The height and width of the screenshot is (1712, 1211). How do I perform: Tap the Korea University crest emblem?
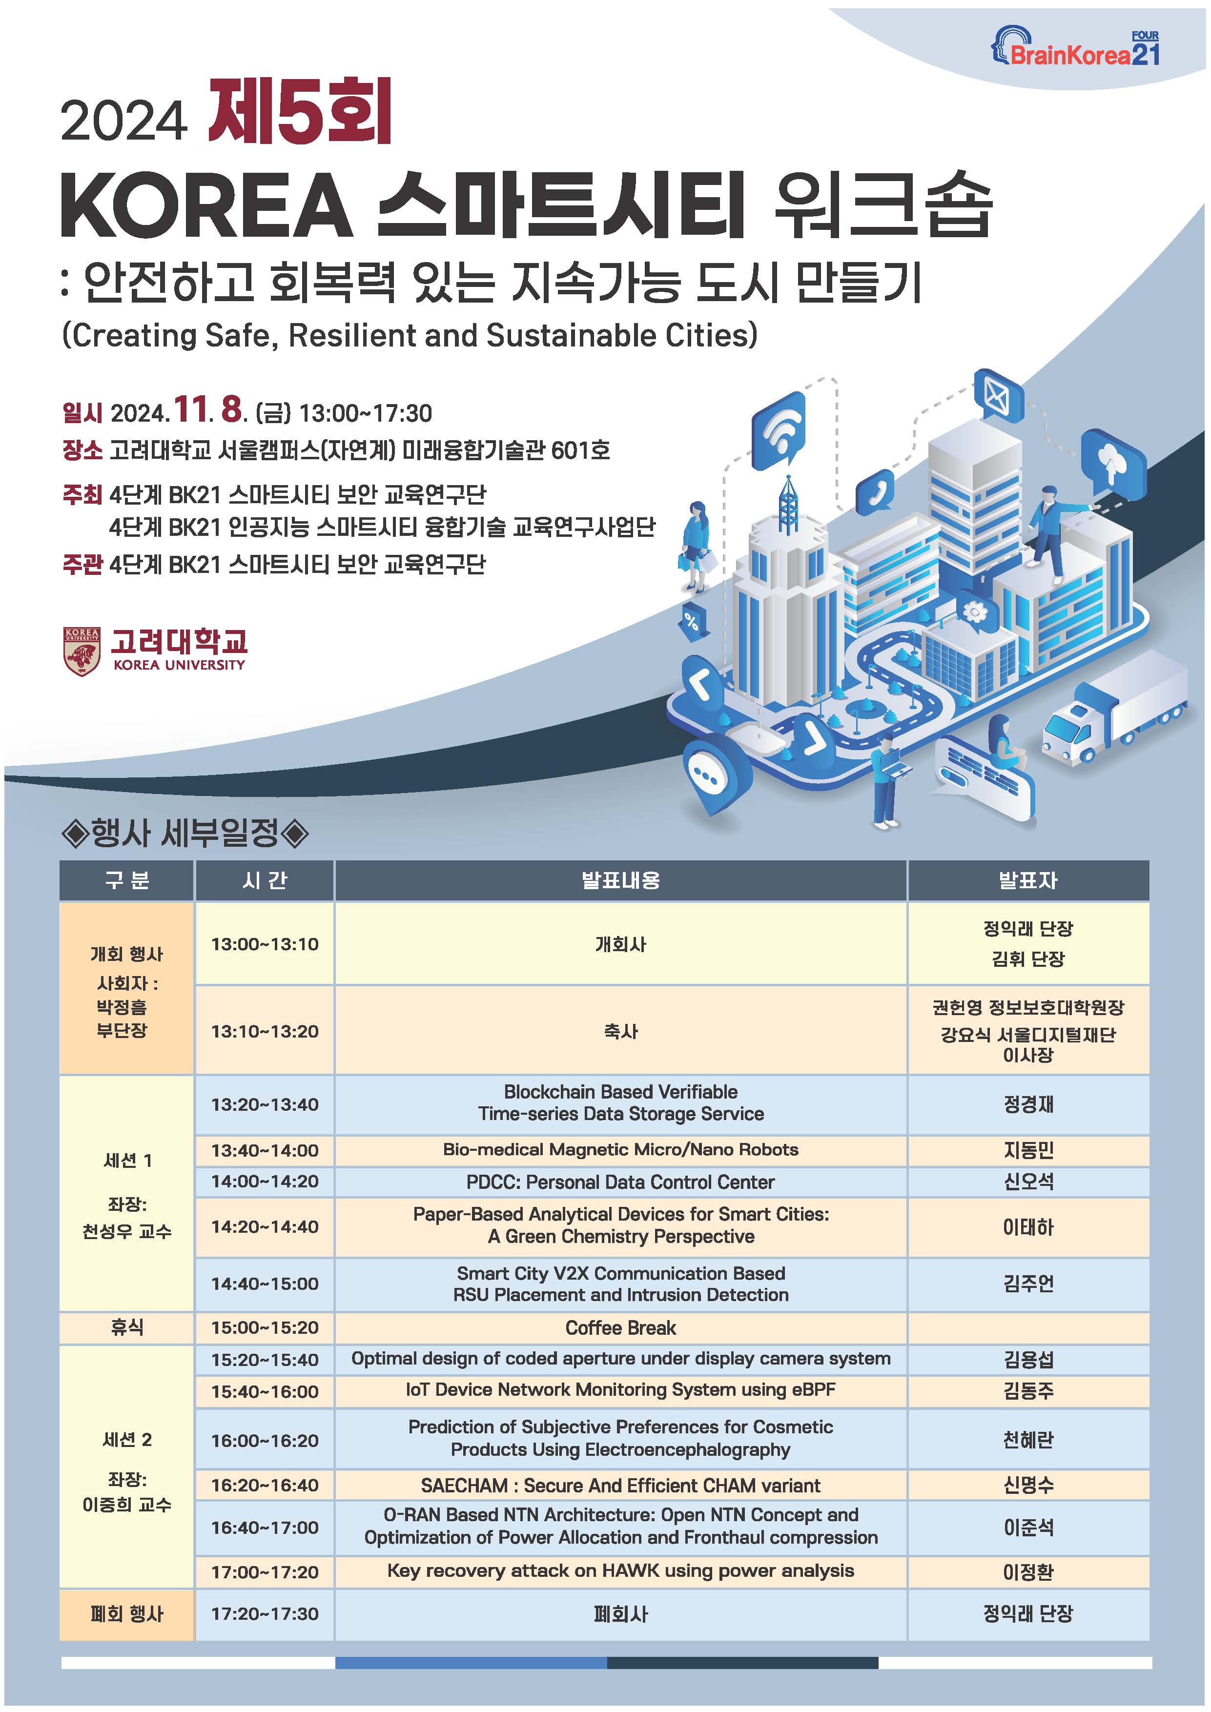pos(82,652)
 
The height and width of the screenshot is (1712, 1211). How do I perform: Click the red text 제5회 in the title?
pos(301,112)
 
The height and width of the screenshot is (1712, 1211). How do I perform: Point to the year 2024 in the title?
pos(124,121)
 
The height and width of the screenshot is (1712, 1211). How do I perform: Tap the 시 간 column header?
pos(265,880)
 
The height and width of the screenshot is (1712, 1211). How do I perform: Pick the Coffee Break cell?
pos(620,1328)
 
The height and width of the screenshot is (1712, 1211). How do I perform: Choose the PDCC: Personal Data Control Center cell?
pos(620,1182)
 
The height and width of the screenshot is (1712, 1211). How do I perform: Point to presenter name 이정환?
pos(1028,1572)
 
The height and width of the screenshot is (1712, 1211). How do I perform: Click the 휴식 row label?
pos(127,1327)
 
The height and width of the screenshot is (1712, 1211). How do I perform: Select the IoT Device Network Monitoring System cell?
pos(620,1390)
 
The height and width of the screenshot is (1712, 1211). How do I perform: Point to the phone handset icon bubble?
pos(875,492)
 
